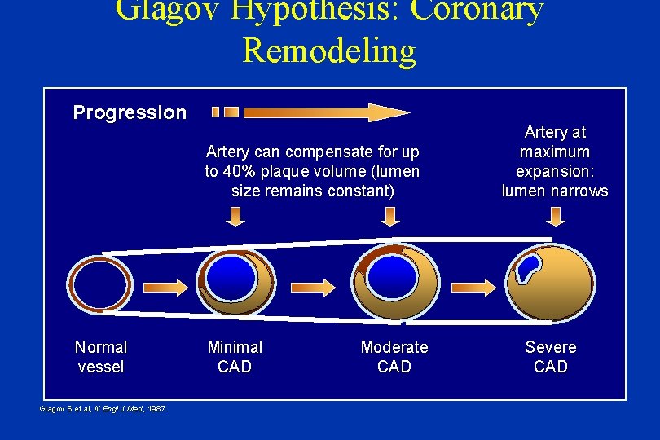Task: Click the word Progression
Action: point(130,112)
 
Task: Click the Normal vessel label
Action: point(100,357)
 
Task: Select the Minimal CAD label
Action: point(235,357)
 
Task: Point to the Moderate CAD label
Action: point(394,357)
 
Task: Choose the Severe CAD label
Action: point(550,357)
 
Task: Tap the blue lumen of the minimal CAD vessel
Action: point(230,277)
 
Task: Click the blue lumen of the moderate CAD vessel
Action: point(391,275)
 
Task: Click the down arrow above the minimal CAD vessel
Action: point(235,216)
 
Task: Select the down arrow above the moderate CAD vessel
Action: point(390,216)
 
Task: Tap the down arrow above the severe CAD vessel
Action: point(556,216)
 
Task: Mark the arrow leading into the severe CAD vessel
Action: point(476,287)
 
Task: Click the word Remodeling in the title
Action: point(329,51)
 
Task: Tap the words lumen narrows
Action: point(554,191)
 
